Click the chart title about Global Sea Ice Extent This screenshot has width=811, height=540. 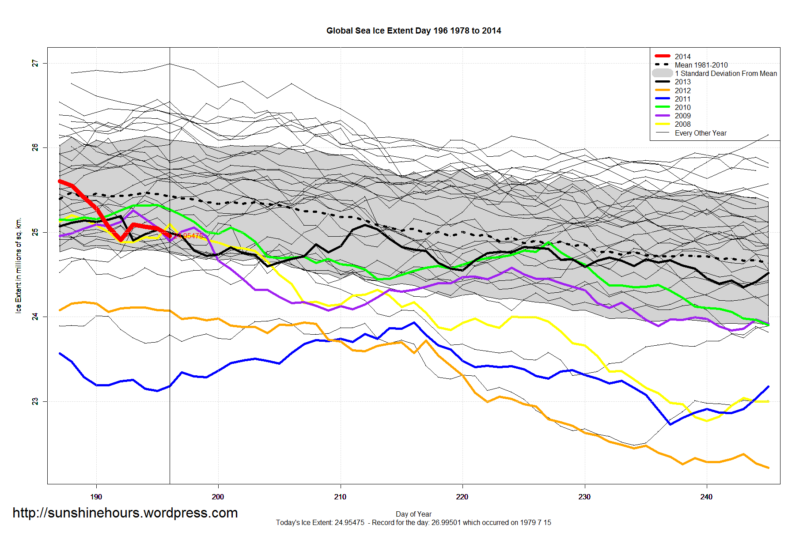pos(413,31)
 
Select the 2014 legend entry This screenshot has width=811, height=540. pos(682,57)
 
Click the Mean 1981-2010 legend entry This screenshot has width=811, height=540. pos(701,65)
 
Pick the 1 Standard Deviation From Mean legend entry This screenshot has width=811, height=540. pos(725,73)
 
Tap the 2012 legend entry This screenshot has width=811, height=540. pos(682,91)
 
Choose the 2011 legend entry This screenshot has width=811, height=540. pos(682,99)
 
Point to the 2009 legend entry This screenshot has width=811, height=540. pos(682,116)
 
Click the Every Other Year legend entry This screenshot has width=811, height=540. pos(700,133)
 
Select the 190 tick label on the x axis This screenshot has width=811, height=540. pos(96,497)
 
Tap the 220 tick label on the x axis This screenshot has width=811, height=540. pos(462,497)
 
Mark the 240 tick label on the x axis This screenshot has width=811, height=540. pos(706,497)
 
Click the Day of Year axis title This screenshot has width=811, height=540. pos(413,514)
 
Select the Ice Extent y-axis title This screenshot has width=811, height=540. pos(19,265)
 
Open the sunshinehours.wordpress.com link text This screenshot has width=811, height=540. pos(125,513)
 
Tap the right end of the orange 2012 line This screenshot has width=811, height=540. pos(769,468)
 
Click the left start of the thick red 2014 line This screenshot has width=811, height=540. pos(60,181)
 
